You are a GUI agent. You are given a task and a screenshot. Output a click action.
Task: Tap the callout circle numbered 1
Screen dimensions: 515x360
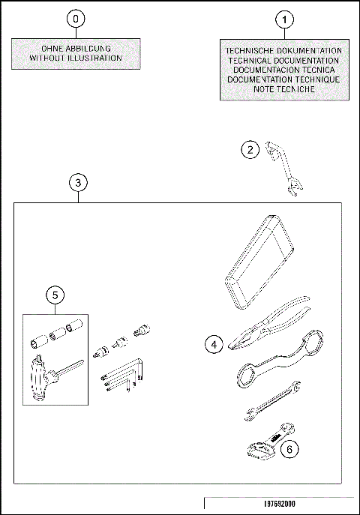[284, 18]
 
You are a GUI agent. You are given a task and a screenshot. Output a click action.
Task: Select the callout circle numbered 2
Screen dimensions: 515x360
[250, 150]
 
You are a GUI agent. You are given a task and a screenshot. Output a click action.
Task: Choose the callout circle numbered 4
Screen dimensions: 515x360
[215, 344]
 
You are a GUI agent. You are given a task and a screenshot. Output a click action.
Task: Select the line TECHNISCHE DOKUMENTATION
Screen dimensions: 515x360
[283, 50]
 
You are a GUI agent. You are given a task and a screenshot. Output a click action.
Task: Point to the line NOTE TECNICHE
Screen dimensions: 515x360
[283, 89]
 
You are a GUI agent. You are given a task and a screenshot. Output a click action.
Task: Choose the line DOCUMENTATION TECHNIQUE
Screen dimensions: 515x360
[283, 79]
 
